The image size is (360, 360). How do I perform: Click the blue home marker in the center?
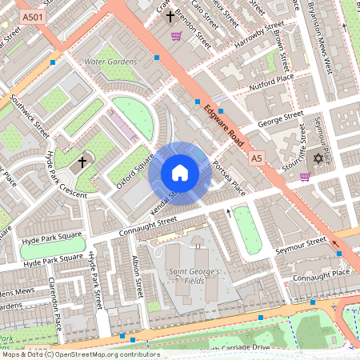tap(180, 173)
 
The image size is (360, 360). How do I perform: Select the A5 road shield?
tap(256, 159)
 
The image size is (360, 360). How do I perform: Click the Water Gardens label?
tap(110, 62)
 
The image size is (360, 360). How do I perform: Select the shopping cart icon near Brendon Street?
tap(176, 36)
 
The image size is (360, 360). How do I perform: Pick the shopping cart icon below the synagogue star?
tap(305, 177)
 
